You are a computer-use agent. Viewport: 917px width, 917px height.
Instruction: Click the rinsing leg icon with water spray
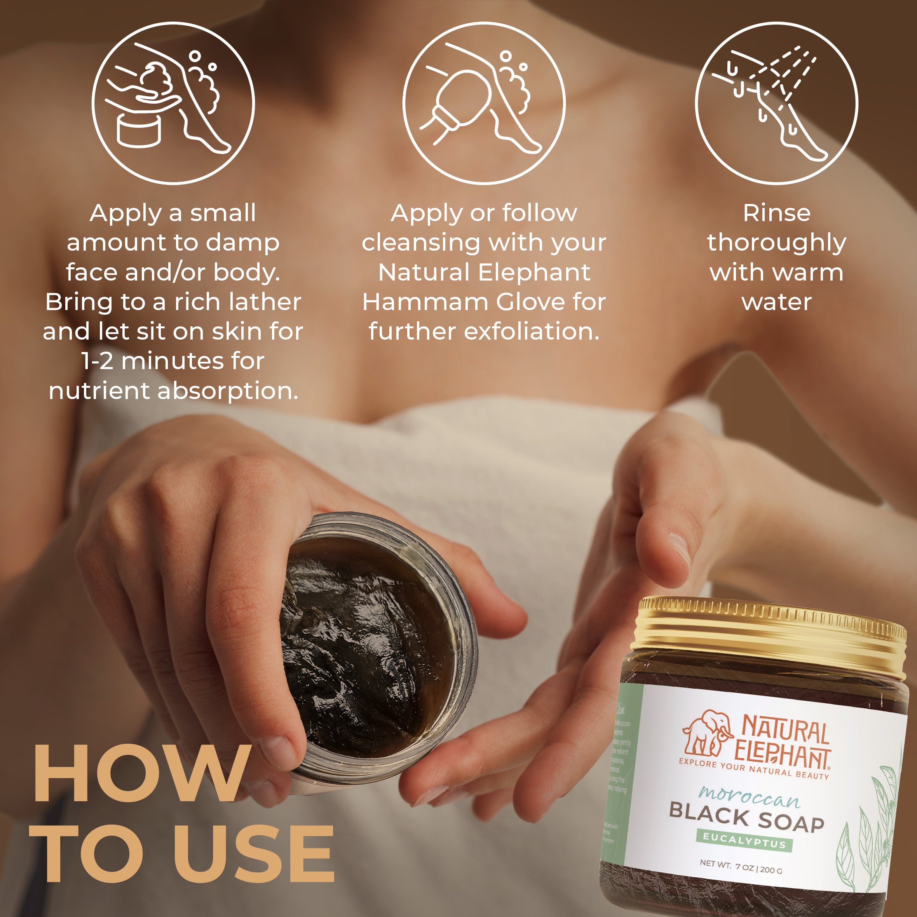click(x=776, y=103)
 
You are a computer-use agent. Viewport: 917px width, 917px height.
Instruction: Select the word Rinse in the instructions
click(x=776, y=213)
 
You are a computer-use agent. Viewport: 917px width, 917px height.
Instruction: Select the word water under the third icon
click(x=776, y=302)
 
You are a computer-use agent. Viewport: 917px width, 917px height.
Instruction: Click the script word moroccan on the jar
click(x=749, y=797)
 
